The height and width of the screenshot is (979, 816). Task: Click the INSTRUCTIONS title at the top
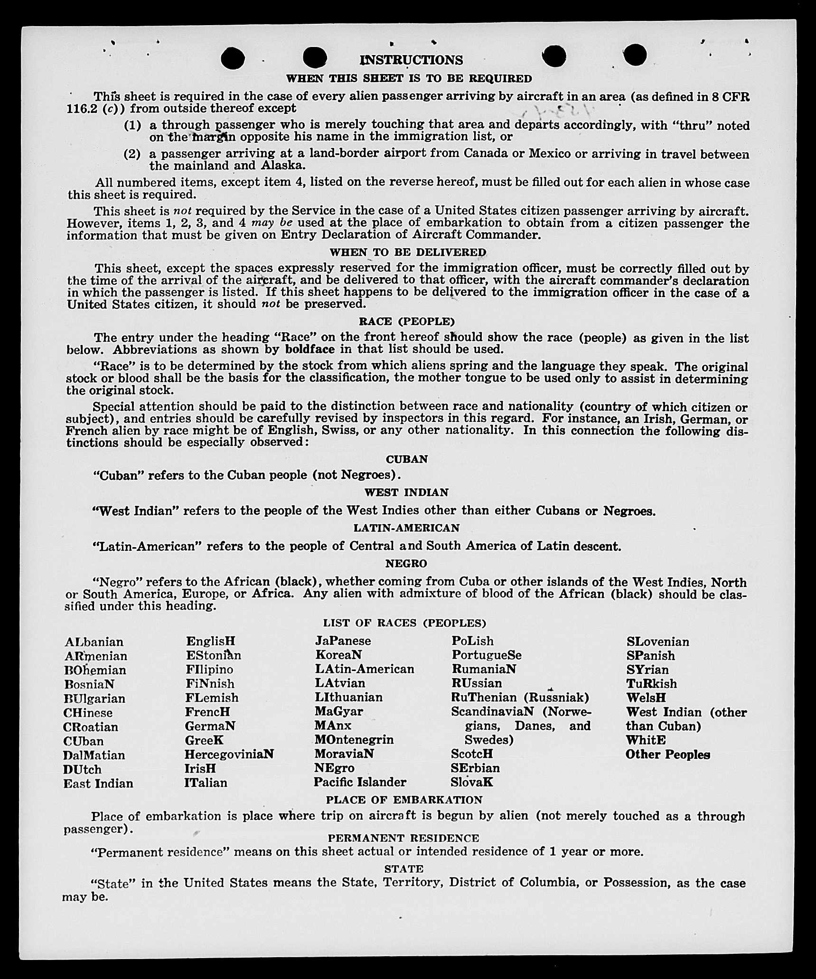click(411, 60)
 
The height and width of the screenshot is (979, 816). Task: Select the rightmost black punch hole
click(635, 55)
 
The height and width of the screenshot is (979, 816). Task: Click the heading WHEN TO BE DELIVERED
click(408, 252)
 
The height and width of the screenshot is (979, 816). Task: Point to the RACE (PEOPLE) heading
click(407, 322)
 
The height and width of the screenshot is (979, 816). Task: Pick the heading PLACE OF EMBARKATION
click(404, 800)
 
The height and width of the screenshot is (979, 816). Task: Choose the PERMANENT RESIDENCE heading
click(403, 838)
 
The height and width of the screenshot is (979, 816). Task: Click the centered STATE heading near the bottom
click(404, 869)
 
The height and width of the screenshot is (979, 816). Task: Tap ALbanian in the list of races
click(94, 642)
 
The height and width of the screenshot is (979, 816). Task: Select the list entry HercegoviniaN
click(229, 754)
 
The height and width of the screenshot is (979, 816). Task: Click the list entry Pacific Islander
click(360, 782)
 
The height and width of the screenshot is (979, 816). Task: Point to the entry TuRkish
click(651, 684)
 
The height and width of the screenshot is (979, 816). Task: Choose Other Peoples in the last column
click(667, 755)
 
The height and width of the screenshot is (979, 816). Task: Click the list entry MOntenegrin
click(354, 740)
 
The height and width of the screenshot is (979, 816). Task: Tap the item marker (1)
click(132, 126)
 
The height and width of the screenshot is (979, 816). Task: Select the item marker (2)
click(132, 154)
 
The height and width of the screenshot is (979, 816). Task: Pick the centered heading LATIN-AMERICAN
click(406, 528)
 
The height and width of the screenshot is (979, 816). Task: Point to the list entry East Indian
click(98, 783)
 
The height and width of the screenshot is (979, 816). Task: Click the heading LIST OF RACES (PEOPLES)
click(404, 623)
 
